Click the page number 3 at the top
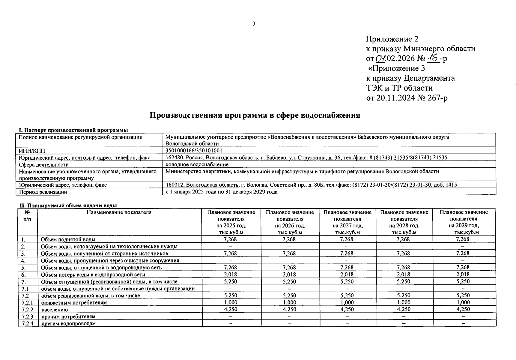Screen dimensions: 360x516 point(254,24)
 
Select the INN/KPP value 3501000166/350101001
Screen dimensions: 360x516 point(194,151)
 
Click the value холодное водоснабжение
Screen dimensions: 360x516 point(197,164)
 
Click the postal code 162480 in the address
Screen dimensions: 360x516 point(173,157)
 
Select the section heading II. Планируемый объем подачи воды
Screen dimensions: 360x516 point(68,205)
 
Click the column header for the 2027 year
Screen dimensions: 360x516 point(347,222)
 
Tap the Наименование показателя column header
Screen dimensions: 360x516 point(119,212)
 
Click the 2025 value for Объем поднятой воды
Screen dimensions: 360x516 point(230,239)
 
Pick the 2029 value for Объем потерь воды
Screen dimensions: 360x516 point(463,274)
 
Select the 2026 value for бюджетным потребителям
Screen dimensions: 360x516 point(289,302)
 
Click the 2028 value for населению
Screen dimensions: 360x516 point(403,309)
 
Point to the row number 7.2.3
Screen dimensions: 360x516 point(28,316)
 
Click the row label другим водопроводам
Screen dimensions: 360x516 point(69,323)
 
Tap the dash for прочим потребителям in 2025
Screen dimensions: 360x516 point(230,316)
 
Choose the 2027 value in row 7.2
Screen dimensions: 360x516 point(347,295)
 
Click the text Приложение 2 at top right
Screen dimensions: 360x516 point(392,39)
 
